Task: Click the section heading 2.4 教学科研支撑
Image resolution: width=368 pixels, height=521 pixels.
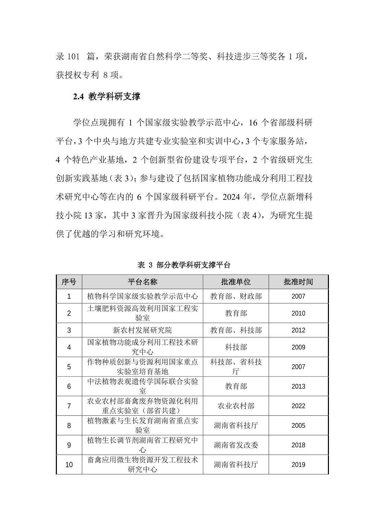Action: click(106, 97)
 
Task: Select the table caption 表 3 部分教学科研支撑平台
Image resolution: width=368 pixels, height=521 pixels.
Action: click(184, 265)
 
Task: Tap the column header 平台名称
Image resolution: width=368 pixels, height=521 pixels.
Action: click(142, 282)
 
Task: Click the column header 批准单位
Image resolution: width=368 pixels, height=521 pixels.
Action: click(236, 282)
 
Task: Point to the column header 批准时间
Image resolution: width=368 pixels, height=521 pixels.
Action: click(298, 282)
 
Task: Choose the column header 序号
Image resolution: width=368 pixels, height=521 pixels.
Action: click(69, 282)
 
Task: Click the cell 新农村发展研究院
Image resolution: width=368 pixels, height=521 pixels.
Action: click(142, 330)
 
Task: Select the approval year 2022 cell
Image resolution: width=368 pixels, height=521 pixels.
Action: click(298, 406)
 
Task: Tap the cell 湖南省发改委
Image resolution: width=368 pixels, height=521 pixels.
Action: click(236, 445)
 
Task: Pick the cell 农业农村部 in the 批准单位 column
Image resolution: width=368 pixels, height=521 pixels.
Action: click(236, 406)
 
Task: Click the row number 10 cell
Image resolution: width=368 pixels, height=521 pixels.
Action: click(69, 465)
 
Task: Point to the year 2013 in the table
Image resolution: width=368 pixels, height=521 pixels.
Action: click(298, 387)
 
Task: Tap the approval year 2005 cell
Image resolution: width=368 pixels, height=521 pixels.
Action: click(298, 426)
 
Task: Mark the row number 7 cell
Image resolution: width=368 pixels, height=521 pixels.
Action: click(69, 406)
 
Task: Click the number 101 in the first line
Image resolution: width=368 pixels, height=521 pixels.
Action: click(73, 57)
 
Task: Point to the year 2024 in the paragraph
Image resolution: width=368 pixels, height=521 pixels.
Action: click(232, 197)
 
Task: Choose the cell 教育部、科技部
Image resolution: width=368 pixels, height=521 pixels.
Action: click(236, 330)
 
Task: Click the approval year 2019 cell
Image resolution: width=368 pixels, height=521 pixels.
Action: click(298, 465)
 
